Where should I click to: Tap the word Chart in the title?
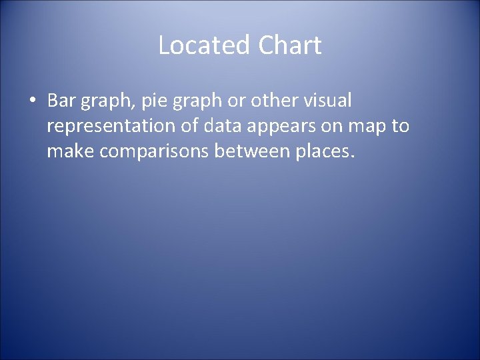pos(290,46)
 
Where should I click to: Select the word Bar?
pos(62,101)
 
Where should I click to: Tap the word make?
pos(70,152)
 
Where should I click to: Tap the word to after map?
pos(402,126)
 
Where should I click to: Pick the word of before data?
pos(191,126)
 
